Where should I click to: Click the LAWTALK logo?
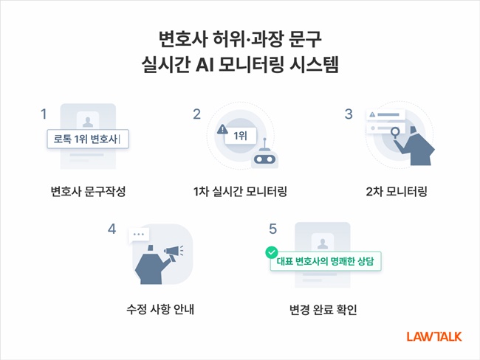click(x=433, y=336)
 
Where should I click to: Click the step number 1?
click(x=44, y=114)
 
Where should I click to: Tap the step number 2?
click(x=197, y=114)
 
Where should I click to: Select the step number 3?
click(x=348, y=114)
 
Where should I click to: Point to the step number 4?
click(x=112, y=229)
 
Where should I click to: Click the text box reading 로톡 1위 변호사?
click(x=87, y=138)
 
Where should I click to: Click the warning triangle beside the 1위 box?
click(x=222, y=130)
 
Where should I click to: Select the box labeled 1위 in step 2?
click(x=241, y=136)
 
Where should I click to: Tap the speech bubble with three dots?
click(x=137, y=235)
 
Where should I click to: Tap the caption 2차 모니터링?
click(x=396, y=193)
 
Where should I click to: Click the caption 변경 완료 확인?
click(x=323, y=308)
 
